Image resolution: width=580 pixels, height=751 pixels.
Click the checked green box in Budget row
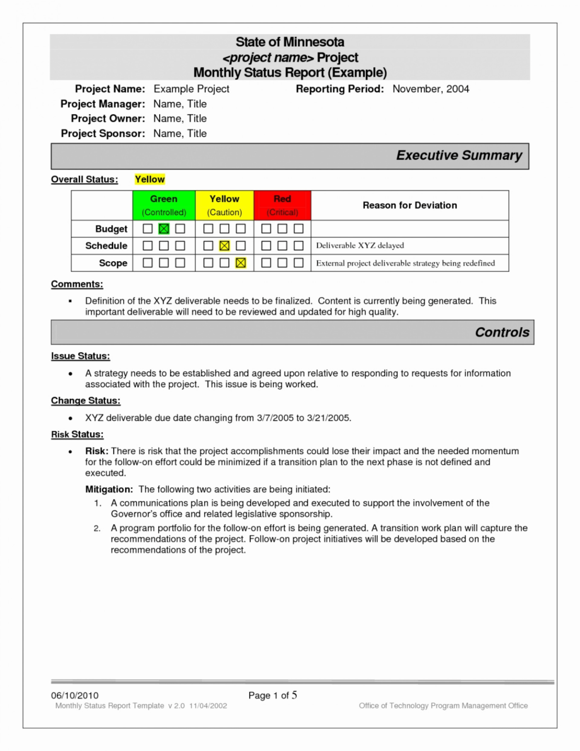[164, 229]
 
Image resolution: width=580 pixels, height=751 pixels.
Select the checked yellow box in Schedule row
[224, 246]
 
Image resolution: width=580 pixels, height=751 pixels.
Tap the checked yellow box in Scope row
[240, 263]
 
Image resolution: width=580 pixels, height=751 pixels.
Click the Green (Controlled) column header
[164, 205]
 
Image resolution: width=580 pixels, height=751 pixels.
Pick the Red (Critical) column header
[282, 205]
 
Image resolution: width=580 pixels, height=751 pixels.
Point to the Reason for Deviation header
[409, 205]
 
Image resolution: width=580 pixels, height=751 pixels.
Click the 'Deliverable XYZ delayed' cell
[360, 245]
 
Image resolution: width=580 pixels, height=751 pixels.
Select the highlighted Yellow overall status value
[150, 179]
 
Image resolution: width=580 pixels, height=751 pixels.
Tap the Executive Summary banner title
[459, 155]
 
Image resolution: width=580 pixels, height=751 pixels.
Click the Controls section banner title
[502, 332]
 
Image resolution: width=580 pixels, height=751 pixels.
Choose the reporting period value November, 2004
[430, 89]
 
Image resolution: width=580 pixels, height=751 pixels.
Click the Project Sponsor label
[103, 133]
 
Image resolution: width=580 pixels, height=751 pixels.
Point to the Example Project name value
[191, 89]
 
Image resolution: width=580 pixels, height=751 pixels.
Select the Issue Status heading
[80, 356]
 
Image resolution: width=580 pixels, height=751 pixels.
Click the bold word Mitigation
[108, 489]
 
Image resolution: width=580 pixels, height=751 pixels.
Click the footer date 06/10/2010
[75, 695]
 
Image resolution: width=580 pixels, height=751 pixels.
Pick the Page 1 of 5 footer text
[272, 695]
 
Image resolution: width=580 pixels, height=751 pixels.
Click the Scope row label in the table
[113, 263]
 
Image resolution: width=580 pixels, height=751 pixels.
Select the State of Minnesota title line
[290, 42]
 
